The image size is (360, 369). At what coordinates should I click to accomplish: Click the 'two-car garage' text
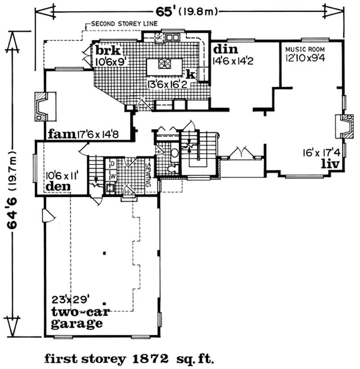tap(76, 318)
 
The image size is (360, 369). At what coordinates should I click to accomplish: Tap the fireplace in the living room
tap(342, 126)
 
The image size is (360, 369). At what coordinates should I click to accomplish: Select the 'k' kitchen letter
tap(190, 73)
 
